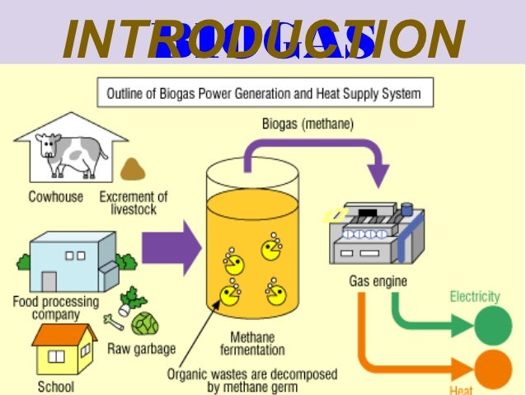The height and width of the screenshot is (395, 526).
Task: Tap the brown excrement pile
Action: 133,169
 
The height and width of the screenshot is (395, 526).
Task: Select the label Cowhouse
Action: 55,197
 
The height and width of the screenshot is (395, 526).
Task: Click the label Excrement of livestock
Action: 134,203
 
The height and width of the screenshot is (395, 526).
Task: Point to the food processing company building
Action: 71,259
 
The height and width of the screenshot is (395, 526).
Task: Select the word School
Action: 55,386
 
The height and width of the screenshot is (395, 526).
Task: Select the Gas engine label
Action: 378,282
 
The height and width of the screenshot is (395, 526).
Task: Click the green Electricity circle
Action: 492,326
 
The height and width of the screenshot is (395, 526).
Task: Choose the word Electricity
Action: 474,297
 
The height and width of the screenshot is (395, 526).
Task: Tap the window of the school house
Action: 57,358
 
